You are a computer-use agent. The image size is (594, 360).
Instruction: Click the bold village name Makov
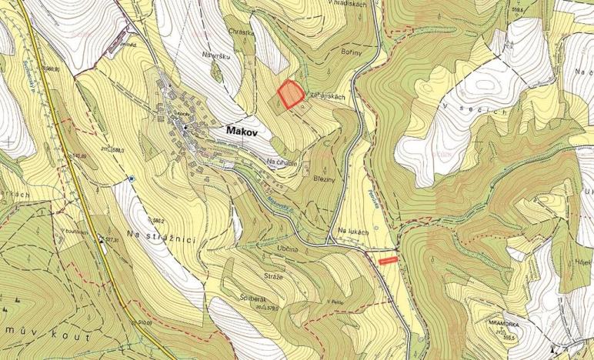pos(245,131)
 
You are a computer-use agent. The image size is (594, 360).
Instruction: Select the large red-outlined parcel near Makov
pos(290,94)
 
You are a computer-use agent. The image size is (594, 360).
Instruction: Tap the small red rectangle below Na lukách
pos(389,261)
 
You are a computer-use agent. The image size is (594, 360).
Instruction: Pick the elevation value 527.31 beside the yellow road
pos(112,241)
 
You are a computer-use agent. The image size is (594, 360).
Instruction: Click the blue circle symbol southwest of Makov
pos(132,178)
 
